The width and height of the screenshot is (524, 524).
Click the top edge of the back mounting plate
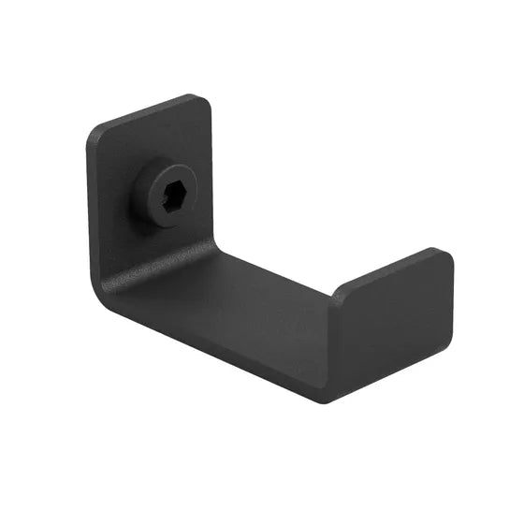click(x=150, y=111)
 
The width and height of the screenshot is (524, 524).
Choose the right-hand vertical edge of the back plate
click(x=215, y=178)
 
